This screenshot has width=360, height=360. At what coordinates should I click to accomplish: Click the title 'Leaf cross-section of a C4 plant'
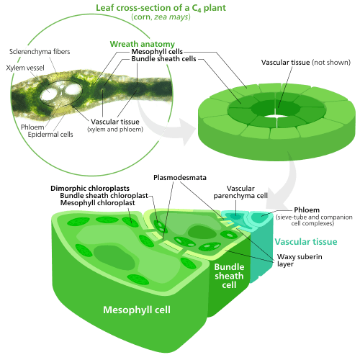[161, 8]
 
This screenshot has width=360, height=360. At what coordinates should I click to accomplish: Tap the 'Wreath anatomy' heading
[143, 44]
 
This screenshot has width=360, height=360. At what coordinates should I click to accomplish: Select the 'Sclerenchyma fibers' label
[40, 52]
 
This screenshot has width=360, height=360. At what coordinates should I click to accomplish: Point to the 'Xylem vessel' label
[25, 68]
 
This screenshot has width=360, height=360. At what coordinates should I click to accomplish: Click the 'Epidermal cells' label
[50, 135]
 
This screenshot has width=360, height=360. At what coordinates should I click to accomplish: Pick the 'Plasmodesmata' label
[180, 178]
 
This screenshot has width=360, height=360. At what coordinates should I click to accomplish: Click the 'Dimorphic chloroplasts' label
[90, 189]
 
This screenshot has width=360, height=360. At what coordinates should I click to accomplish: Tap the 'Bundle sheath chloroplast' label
[104, 196]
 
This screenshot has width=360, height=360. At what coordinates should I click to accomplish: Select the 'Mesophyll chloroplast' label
[97, 203]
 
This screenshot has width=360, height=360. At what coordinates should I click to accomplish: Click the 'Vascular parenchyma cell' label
[240, 192]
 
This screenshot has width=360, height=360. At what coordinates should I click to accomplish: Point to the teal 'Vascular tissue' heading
[306, 242]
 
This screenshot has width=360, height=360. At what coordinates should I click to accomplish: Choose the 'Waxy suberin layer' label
[300, 261]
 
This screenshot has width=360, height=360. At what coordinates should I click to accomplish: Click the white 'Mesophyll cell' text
[137, 310]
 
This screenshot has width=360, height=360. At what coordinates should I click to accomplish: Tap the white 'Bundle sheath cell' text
[229, 276]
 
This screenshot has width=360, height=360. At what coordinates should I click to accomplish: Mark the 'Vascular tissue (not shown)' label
[306, 63]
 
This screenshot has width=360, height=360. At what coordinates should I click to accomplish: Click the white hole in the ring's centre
[276, 116]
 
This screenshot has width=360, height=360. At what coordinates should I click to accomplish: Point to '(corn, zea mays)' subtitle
[161, 17]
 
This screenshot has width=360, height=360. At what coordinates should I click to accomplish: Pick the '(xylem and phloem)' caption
[115, 130]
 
